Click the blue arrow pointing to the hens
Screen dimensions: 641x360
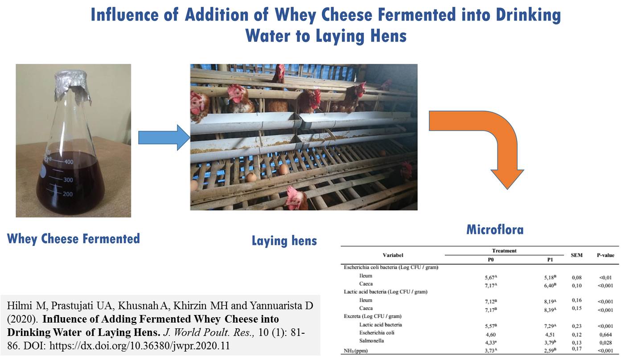coord(164,138)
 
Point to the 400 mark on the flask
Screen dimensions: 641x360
coord(69,162)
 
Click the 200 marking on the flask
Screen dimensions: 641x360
coord(68,194)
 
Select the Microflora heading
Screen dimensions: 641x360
coord(495,229)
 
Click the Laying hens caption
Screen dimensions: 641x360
coord(284,241)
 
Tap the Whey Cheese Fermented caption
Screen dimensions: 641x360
coord(74,239)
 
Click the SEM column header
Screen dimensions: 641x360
coord(576,255)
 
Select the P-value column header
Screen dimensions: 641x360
coord(605,255)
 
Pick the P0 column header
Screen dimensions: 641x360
coord(491,260)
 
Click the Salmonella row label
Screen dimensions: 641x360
coord(371,340)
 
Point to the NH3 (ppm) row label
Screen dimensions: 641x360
coord(356,351)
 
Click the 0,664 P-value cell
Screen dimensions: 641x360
coord(605,334)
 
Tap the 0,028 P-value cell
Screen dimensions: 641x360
coord(605,343)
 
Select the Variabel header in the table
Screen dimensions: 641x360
coord(393,255)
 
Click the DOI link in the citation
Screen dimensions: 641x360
coord(140,346)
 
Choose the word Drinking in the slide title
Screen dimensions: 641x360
coord(528,15)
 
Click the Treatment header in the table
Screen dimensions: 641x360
coord(504,251)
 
